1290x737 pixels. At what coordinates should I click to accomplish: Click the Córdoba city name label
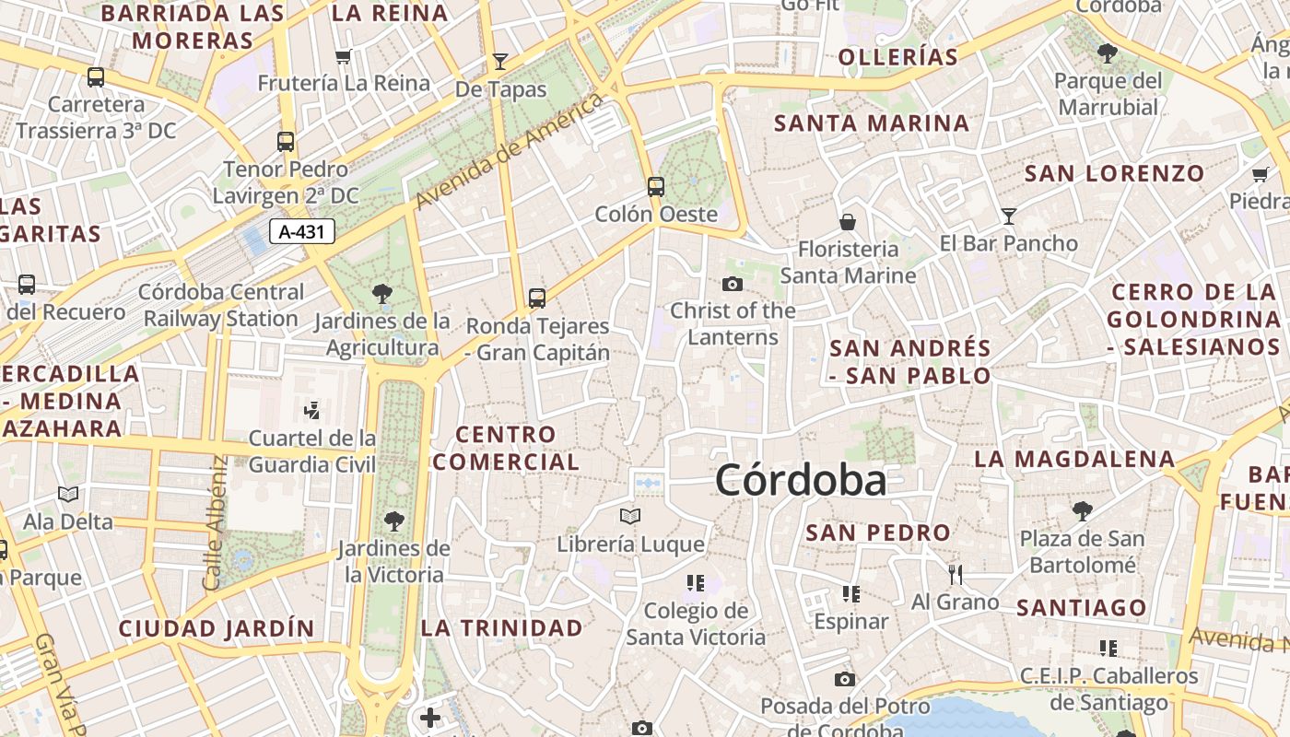coord(800,480)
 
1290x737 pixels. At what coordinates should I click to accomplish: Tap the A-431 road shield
coord(301,231)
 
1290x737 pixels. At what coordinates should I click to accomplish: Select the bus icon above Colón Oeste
coord(656,187)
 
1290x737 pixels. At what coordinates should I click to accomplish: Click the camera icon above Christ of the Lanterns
coord(733,284)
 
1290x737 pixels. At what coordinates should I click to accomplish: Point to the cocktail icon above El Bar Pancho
coord(1009,216)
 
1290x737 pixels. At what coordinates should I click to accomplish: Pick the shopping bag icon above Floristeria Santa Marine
coord(848,222)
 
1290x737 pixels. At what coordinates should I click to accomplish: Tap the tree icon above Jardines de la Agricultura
coord(381,295)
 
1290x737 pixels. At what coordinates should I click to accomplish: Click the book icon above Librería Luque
coord(630,516)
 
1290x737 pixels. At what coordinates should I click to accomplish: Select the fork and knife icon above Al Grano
coord(955,575)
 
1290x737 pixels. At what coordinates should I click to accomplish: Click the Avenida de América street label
coord(510,150)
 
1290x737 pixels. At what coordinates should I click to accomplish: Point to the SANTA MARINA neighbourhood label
coord(872,123)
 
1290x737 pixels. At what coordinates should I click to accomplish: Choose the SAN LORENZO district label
coord(1114,173)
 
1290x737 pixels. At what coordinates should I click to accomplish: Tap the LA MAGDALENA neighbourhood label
coord(1074,459)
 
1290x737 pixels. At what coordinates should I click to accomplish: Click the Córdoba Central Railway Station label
coord(221,305)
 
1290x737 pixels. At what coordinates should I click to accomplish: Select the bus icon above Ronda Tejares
coord(537,298)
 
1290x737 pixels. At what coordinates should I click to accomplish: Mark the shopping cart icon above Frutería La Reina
coord(344,57)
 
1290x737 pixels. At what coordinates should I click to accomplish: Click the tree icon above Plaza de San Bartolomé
coord(1082,510)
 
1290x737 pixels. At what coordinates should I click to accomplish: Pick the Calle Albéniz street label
coord(214,522)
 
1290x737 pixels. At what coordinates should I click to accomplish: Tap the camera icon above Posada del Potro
coord(844,680)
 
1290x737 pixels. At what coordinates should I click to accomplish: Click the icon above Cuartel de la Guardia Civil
coord(311,410)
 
